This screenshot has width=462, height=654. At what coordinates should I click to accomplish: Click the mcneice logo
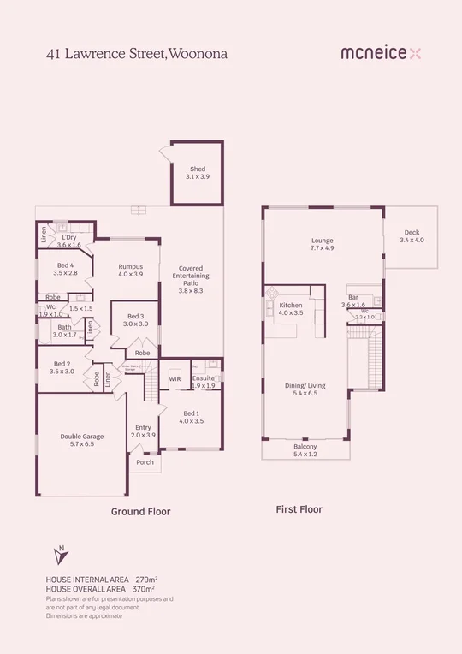[x=381, y=53]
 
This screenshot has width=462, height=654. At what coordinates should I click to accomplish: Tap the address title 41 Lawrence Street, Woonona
[x=137, y=53]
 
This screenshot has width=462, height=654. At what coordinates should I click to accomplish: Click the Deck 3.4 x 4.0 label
[x=411, y=236]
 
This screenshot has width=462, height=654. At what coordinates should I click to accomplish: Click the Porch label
[x=144, y=466]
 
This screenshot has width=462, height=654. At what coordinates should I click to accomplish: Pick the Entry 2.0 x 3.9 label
[x=144, y=431]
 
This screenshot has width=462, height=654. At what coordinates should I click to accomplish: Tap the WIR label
[x=175, y=378]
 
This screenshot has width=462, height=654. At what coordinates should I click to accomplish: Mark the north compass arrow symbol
[x=60, y=555]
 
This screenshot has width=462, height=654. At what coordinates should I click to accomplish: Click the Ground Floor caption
[x=140, y=512]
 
